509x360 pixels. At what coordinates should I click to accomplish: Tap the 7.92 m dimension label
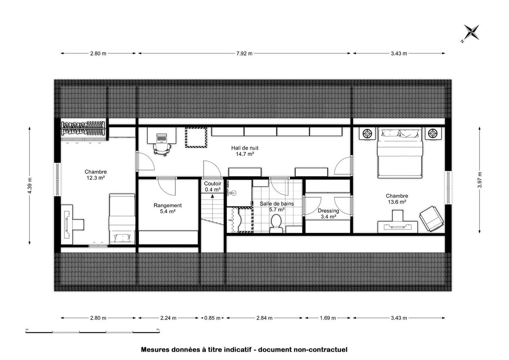pos(244,53)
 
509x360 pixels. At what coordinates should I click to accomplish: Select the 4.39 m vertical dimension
pos(30,186)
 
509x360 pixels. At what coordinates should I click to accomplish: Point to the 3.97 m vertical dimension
pos(479,180)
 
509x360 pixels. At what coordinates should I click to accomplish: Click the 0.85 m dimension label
pos(212,318)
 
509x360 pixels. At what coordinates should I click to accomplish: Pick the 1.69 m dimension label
pos(327,318)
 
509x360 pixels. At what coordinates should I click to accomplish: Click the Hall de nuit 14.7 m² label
pos(245,151)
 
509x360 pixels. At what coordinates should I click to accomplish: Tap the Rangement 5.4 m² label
pos(168,208)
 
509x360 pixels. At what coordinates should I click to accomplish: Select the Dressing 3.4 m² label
pos(328,214)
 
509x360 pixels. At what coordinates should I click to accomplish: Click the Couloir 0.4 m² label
pos(213,187)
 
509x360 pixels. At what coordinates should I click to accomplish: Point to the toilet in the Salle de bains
pos(276,224)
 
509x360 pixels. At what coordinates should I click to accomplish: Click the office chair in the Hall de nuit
pos(162,149)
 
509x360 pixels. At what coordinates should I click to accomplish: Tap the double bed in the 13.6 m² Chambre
pos(400,153)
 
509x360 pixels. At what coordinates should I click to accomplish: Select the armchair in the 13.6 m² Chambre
pos(431,219)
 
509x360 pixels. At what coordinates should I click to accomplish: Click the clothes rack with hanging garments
pos(84,128)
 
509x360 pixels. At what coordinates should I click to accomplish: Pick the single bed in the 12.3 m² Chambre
pos(122,219)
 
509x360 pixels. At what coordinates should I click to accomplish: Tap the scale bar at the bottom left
pos(92,332)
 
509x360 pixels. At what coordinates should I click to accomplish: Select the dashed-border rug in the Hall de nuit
pos(196,137)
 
